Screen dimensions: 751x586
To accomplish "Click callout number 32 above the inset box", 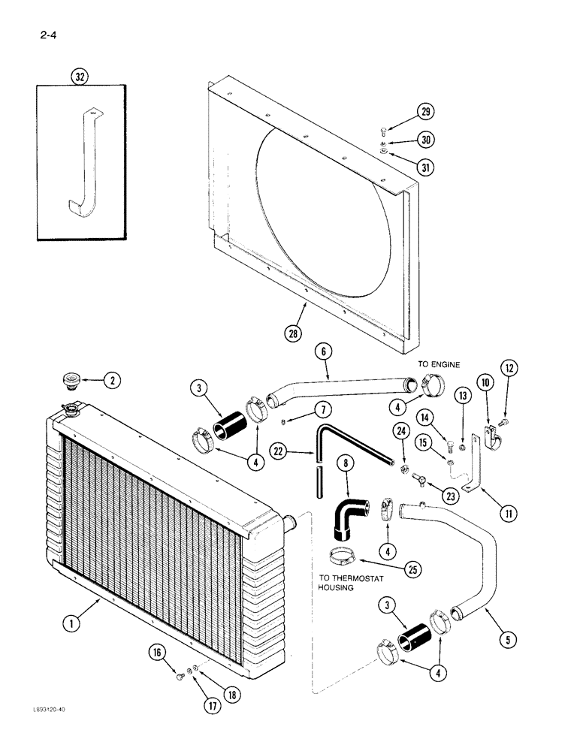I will click(x=79, y=76).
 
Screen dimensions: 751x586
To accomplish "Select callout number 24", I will click(x=400, y=430).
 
